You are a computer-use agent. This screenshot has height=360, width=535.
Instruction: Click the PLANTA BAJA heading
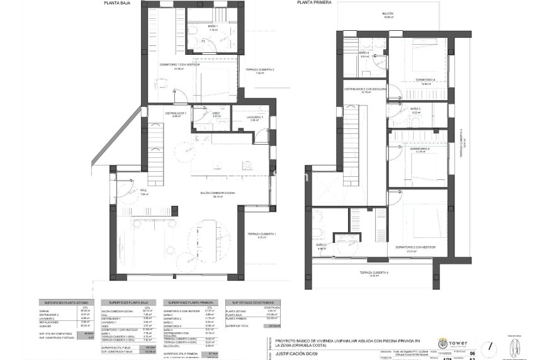point(117,3)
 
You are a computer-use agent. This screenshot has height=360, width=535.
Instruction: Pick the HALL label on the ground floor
point(144,191)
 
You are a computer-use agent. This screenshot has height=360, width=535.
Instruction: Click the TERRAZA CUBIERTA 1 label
point(264,235)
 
